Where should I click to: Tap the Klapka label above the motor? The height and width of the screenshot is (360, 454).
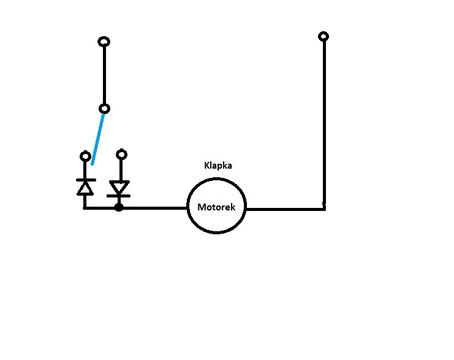pos(218,166)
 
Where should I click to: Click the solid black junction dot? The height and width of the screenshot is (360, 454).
pos(119,207)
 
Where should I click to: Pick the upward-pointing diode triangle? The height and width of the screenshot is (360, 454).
pos(85,188)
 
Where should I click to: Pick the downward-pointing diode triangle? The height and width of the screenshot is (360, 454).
pos(119,187)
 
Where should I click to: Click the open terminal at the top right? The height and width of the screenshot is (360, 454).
pos(323,37)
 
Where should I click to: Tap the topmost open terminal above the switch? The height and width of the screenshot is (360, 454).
pos(104,42)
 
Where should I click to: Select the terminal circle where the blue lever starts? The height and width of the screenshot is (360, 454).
pos(104,109)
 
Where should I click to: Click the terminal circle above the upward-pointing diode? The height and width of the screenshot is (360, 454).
pos(85,156)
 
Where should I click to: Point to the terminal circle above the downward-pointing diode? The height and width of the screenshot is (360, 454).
pos(121,154)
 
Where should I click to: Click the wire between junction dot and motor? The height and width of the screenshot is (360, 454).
pos(153,208)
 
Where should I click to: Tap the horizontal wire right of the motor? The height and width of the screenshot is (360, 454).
pos(285,209)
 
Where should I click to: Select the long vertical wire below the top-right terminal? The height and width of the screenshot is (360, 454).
pos(323,123)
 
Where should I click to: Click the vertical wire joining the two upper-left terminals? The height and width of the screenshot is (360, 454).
pos(104,75)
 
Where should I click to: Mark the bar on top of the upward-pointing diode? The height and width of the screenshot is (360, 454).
pos(85,180)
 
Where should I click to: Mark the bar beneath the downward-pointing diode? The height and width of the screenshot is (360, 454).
pos(119,196)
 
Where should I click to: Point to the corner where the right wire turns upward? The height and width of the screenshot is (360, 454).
pos(323,209)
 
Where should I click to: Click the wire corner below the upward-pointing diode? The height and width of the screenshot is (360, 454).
pos(85,208)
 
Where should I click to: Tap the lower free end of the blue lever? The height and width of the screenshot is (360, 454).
pos(92,164)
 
